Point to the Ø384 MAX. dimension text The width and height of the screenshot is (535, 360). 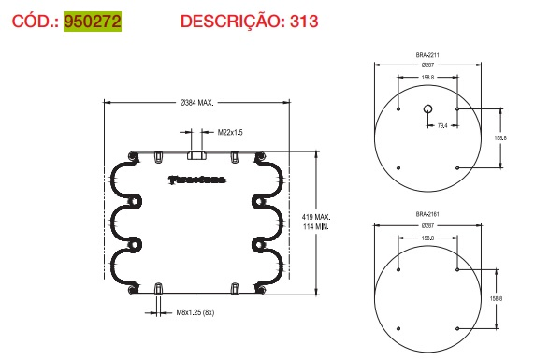pyautogui.click(x=197, y=101)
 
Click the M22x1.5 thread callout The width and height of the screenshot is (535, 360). pyautogui.click(x=230, y=133)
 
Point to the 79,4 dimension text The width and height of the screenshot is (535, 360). pyautogui.click(x=442, y=124)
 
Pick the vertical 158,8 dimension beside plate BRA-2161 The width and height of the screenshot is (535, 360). pyautogui.click(x=497, y=298)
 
